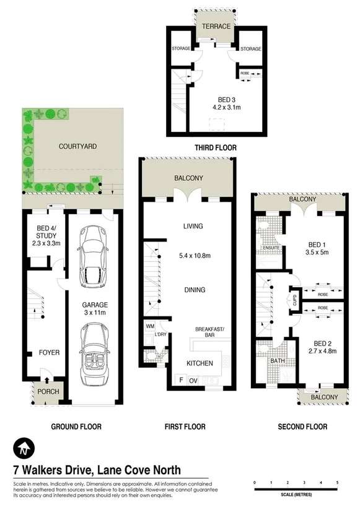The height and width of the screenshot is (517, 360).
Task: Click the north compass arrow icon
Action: coord(22,447)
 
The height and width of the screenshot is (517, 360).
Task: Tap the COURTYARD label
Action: coord(77,147)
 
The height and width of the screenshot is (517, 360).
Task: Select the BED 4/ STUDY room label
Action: coord(44,239)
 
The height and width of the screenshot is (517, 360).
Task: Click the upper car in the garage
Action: coord(94,256)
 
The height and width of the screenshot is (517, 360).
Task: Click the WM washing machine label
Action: coord(150,325)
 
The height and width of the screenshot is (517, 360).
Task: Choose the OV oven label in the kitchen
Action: coord(193,380)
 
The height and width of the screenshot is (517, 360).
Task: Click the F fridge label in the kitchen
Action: coord(180,380)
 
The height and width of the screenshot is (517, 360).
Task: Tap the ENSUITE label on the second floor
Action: coord(271,249)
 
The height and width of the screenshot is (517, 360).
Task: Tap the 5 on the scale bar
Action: coord(338,482)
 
